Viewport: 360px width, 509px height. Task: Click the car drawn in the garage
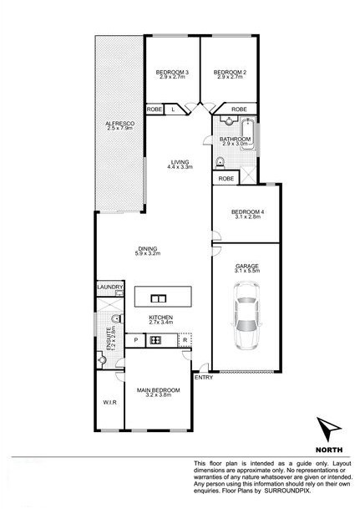(x=246, y=316)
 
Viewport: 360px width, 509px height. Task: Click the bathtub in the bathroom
(x=248, y=134)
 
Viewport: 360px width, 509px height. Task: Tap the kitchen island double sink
(x=158, y=298)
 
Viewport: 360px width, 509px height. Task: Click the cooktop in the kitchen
(x=155, y=340)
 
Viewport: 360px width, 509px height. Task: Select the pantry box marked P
(x=136, y=340)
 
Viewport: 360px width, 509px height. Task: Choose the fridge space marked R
(x=185, y=340)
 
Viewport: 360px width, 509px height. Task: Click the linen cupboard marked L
(x=173, y=109)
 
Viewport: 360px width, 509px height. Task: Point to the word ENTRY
(x=204, y=378)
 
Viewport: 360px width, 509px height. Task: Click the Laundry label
(x=110, y=287)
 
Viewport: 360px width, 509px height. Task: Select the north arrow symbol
(x=327, y=429)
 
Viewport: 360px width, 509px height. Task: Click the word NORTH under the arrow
(x=329, y=450)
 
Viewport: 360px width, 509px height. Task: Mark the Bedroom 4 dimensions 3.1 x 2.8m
(x=247, y=216)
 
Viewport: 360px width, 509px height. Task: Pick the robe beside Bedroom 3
(x=154, y=109)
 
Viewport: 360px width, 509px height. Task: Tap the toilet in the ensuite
(x=116, y=319)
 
